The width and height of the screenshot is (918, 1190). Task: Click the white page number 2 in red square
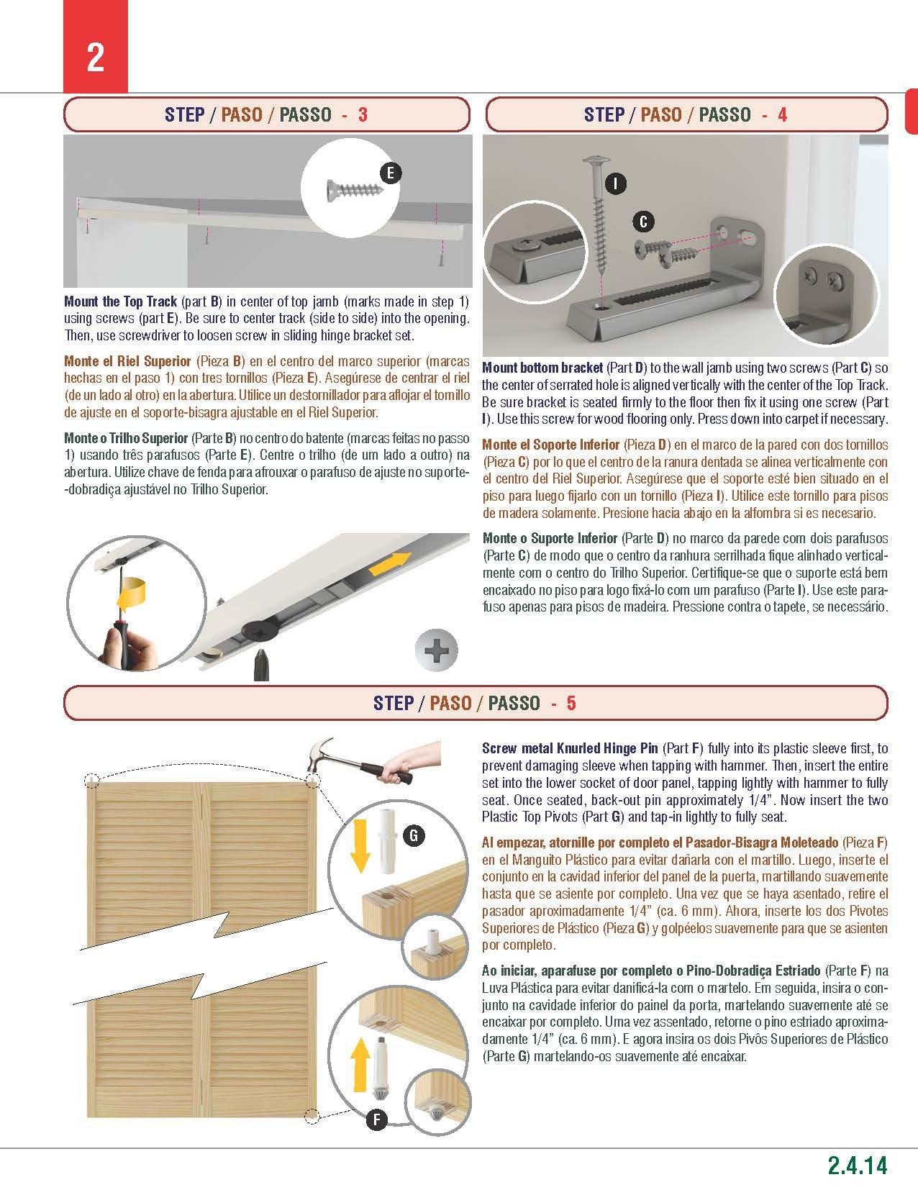(96, 58)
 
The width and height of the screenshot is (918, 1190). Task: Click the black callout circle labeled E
(390, 173)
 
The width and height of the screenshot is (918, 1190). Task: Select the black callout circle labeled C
(643, 222)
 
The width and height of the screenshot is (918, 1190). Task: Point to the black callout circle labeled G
(413, 835)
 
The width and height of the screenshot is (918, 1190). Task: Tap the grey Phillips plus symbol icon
(436, 652)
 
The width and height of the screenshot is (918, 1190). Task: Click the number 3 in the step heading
(363, 115)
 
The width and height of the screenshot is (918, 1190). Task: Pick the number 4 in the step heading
(782, 115)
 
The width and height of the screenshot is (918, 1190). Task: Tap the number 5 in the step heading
(571, 703)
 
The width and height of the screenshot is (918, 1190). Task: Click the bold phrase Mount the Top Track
(120, 301)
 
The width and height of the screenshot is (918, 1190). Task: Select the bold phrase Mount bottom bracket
(542, 368)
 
